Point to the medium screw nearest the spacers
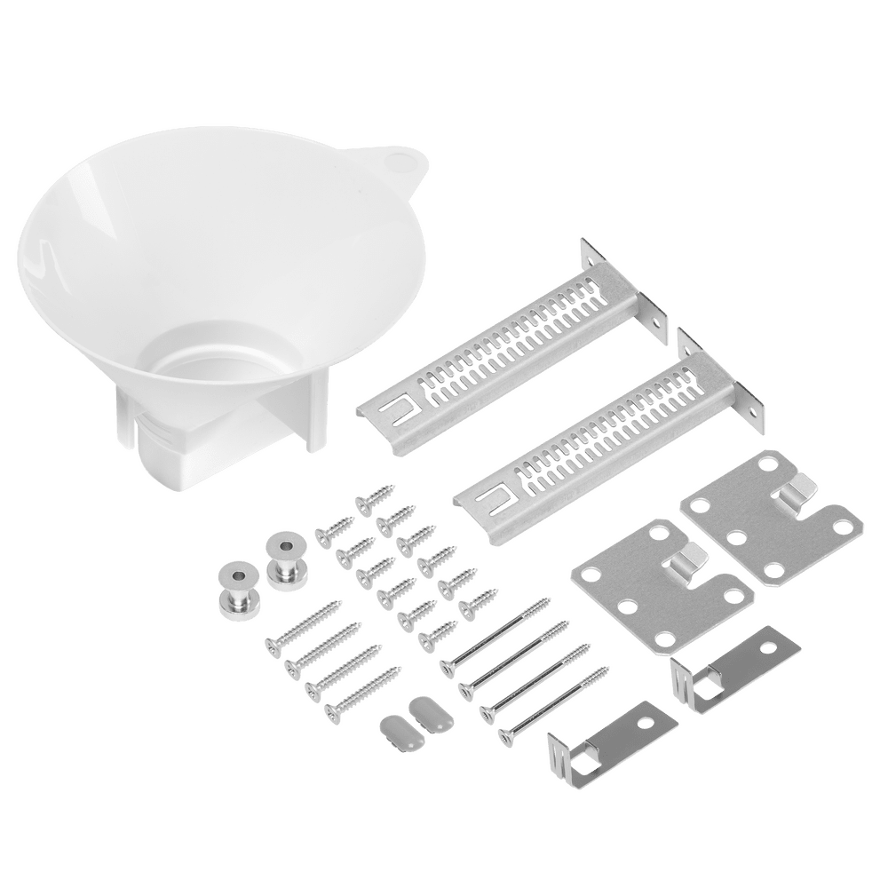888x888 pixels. (302, 625)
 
